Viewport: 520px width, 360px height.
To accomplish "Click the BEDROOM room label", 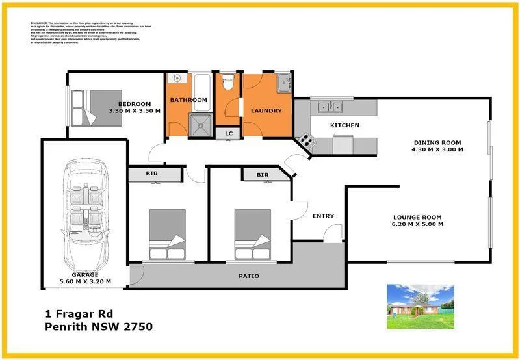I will pyautogui.click(x=135, y=104).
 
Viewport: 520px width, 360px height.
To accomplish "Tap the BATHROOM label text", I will pyautogui.click(x=188, y=100).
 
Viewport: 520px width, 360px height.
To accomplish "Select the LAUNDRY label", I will pyautogui.click(x=266, y=110).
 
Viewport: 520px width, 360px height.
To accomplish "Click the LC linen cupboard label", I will pyautogui.click(x=228, y=133).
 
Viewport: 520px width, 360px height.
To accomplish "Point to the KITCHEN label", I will pyautogui.click(x=344, y=125).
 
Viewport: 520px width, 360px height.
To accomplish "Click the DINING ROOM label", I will pyautogui.click(x=437, y=142).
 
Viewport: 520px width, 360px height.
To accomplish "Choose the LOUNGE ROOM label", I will pyautogui.click(x=417, y=217).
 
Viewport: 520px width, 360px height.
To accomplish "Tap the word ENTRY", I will pyautogui.click(x=323, y=216).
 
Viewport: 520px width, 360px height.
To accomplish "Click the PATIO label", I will pyautogui.click(x=248, y=276).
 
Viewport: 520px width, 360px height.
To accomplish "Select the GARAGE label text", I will pyautogui.click(x=84, y=274).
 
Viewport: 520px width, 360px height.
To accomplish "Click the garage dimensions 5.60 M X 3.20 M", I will pyautogui.click(x=84, y=281).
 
